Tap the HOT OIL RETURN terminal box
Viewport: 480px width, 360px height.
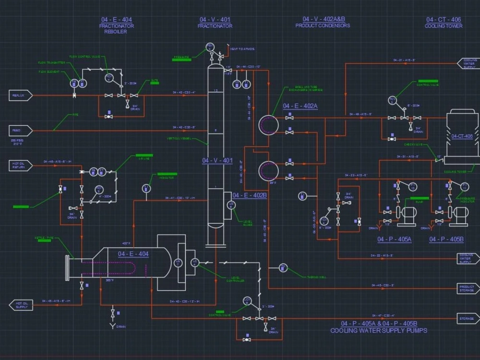21,166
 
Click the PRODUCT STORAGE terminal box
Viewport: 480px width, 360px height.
468,288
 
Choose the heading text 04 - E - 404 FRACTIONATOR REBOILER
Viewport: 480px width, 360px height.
116,25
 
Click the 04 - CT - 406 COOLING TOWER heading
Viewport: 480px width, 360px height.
444,23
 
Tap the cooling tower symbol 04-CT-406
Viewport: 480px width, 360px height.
461,137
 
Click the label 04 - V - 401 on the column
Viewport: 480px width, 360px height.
217,161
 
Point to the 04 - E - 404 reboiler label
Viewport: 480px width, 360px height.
133,254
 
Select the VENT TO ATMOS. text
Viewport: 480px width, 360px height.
242,49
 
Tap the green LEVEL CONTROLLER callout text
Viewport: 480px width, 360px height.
235,279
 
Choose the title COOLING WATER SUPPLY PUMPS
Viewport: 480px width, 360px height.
379,331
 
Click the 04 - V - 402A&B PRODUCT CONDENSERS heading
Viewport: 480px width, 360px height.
323,22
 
